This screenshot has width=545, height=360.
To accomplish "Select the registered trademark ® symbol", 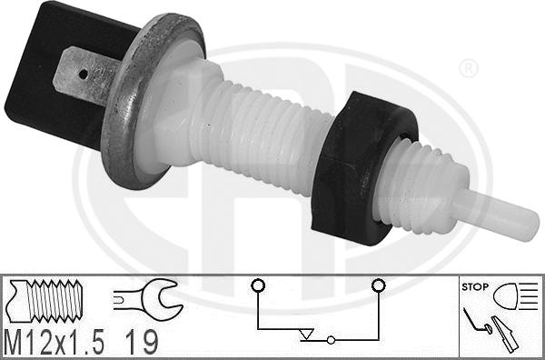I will (469, 69).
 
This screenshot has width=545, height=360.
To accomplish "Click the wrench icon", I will (144, 297).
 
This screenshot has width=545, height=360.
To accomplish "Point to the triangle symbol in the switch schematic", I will (306, 335).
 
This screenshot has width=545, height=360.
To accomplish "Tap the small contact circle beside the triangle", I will (331, 341).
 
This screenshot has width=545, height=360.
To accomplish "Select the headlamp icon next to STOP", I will (515, 295).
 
